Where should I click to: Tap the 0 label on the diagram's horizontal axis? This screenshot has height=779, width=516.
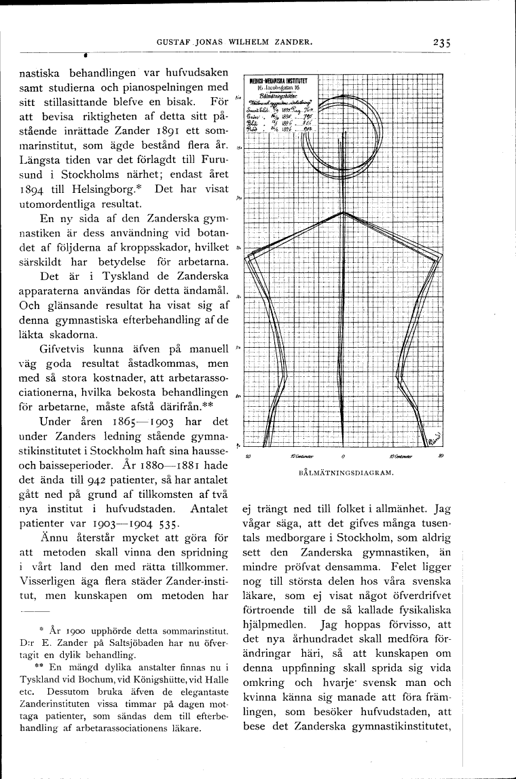pos(344,456)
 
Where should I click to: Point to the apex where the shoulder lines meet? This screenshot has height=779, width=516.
pos(344,213)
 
